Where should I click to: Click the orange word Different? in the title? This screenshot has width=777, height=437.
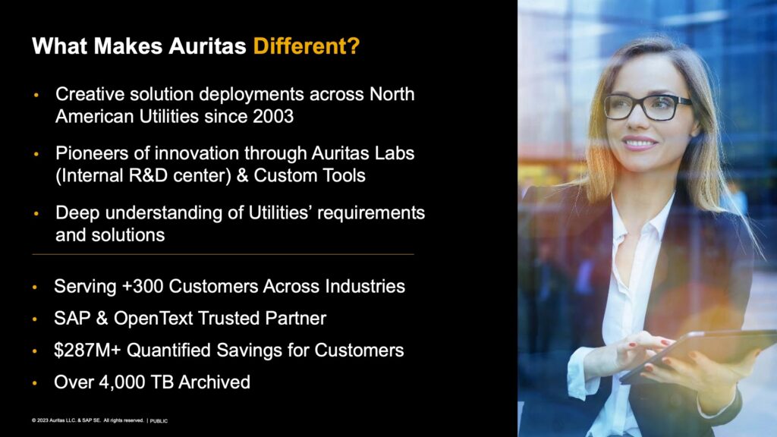coord(307,46)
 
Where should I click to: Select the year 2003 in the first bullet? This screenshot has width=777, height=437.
coord(273,116)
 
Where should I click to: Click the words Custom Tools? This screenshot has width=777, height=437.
coord(310,175)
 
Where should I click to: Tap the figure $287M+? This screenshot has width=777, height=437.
coord(87,351)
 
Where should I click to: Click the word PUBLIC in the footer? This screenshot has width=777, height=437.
coord(159,421)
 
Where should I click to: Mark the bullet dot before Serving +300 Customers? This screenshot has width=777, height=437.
coord(35,287)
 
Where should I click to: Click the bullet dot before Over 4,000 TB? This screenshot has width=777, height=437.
coord(35,383)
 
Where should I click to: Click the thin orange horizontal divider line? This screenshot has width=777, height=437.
coord(223,254)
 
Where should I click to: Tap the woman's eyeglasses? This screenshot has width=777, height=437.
coord(647,106)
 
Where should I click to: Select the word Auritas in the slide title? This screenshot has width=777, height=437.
coord(207,46)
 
